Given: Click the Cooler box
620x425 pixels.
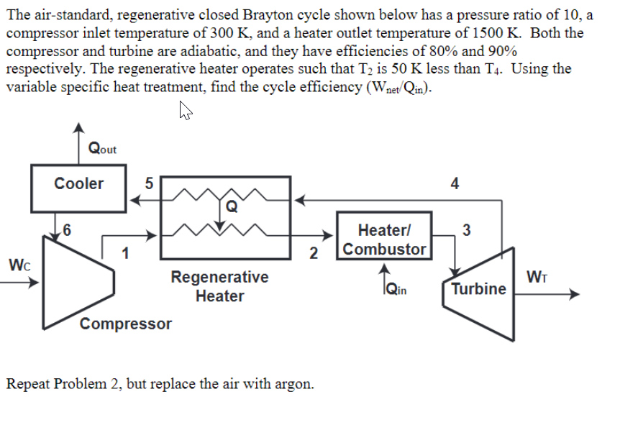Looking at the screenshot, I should coord(78,184).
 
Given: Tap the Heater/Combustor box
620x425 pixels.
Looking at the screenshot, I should coord(385,240).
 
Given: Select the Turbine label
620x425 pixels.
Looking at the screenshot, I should coord(478,289).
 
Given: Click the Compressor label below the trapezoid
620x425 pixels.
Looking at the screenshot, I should coord(126,324).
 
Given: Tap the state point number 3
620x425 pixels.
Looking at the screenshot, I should coord(467,230).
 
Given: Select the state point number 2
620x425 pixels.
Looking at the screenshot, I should coord(313,252).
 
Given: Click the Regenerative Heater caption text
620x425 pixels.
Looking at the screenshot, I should coord(219,286).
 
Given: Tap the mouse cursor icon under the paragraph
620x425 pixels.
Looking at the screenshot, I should coord(185,111).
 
